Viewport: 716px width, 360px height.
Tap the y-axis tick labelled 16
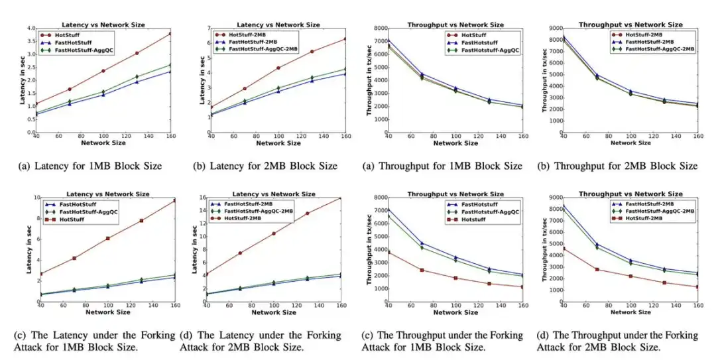(x=200, y=198)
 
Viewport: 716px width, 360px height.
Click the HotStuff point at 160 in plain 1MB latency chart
(x=171, y=33)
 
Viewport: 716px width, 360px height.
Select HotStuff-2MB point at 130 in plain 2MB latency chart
(x=312, y=51)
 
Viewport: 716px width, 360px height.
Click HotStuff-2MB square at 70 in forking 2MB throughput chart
(x=597, y=269)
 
